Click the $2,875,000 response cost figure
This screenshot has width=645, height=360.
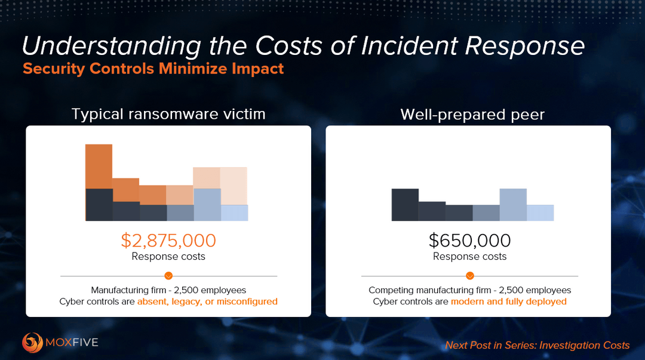point(168,241)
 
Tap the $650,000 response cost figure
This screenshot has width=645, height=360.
point(469,241)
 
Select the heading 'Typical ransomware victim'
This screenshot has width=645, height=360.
point(168,114)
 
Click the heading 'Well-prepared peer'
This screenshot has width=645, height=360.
point(472,114)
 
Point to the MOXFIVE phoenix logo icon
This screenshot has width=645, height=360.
point(32,343)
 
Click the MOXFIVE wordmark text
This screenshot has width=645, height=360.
point(73,343)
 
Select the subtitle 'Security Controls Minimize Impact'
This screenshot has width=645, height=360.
point(153,69)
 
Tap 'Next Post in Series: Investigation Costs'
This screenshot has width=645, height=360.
point(537,345)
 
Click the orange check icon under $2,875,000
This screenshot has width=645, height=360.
point(168,276)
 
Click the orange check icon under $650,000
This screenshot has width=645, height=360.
point(470,276)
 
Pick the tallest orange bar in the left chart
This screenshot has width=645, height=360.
point(99,167)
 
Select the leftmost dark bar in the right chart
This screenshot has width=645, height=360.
point(405,205)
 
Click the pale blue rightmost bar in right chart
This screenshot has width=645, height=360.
point(540,213)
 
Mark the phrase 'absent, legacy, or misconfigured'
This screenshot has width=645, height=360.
point(207,301)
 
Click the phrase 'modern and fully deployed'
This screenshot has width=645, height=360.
point(508,301)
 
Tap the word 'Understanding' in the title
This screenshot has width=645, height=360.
point(103,47)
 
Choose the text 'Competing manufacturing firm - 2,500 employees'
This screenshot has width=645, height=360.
point(469,290)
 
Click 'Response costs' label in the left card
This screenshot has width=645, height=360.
point(168,256)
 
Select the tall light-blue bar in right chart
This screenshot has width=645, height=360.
point(513,205)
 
